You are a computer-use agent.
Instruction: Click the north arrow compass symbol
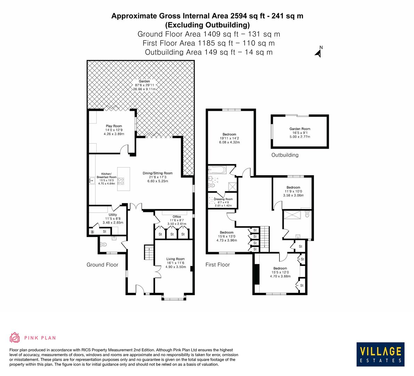pyautogui.click(x=318, y=52)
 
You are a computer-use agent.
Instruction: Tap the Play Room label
pyautogui.click(x=114, y=126)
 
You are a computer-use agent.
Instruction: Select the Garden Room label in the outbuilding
pyautogui.click(x=300, y=129)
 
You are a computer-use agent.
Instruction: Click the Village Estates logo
pyautogui.click(x=381, y=354)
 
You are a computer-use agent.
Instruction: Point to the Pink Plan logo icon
pyautogui.click(x=15, y=337)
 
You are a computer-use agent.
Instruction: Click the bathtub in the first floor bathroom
pyautogui.click(x=217, y=171)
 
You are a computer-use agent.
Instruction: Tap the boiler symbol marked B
pyautogui.click(x=92, y=232)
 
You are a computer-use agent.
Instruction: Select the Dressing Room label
pyautogui.click(x=223, y=199)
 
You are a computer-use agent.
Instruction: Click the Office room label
pyautogui.click(x=177, y=217)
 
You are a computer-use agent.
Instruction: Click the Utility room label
pyautogui.click(x=113, y=215)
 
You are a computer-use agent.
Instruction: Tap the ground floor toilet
pyautogui.click(x=103, y=245)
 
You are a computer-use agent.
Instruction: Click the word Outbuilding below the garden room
pyautogui.click(x=285, y=155)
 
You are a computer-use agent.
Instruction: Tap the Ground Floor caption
pyautogui.click(x=102, y=265)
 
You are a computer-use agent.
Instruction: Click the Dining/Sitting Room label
pyautogui.click(x=157, y=173)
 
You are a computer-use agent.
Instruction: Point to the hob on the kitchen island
pyautogui.click(x=121, y=181)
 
